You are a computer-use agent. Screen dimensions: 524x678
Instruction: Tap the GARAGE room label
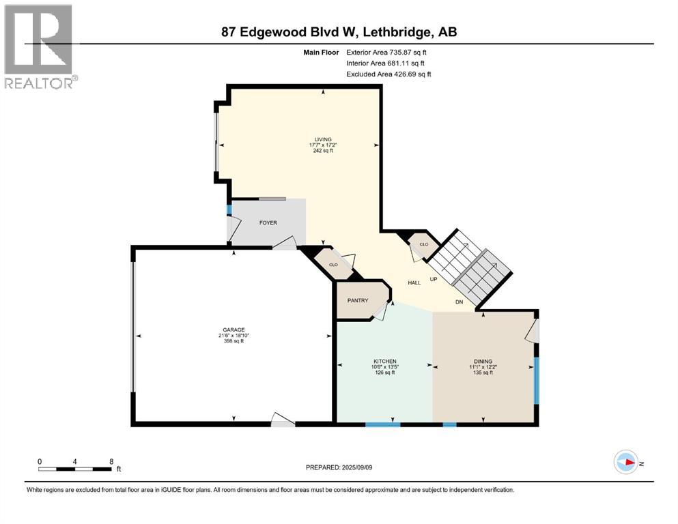pos(233,330)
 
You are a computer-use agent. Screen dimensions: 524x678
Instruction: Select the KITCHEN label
pos(384,361)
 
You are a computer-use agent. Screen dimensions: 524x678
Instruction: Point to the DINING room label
pos(483,362)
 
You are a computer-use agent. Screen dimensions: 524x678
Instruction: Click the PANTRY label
pos(358,300)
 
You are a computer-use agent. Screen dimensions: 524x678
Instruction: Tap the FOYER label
pos(268,223)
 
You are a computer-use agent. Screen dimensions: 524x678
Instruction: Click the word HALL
pos(414,282)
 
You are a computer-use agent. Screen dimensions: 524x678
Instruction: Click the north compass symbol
pos(625,462)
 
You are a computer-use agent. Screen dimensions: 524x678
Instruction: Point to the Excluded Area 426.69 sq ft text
pos(389,74)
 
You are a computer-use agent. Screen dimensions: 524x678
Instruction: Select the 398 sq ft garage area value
pos(233,341)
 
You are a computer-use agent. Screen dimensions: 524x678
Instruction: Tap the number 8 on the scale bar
pos(111,461)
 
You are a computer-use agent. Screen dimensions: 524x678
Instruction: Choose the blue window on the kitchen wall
pos(382,424)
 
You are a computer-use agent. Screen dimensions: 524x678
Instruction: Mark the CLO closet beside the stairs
pos(423,244)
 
